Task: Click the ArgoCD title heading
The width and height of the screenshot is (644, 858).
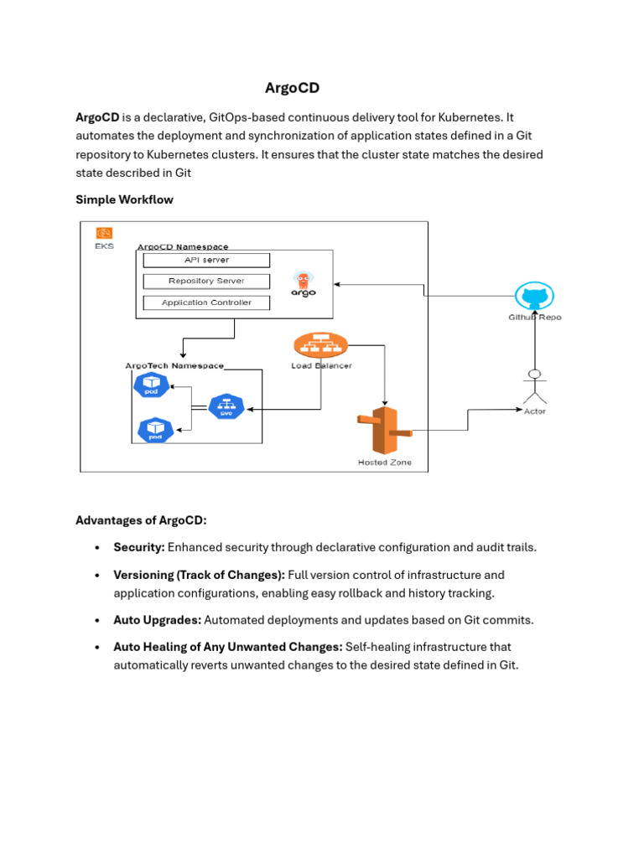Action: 292,88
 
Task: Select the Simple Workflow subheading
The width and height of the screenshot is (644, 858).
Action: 124,199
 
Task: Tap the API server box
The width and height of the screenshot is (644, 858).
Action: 206,261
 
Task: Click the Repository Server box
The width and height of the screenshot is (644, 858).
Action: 206,282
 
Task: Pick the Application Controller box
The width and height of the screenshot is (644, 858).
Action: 206,302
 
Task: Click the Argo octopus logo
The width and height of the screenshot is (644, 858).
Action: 304,282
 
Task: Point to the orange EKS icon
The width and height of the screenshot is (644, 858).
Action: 104,234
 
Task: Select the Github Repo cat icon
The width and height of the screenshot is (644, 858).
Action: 534,296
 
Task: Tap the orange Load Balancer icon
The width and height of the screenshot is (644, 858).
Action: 321,344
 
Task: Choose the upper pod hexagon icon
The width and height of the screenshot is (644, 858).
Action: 153,385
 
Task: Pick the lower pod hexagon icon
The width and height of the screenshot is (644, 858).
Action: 155,431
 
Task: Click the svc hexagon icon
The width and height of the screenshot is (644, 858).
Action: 226,407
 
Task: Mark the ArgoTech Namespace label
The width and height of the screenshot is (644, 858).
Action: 174,366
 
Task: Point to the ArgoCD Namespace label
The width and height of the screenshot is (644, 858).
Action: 182,247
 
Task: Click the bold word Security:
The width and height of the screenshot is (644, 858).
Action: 139,547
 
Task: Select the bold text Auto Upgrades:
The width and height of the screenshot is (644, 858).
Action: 157,620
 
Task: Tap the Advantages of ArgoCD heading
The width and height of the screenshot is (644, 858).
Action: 141,520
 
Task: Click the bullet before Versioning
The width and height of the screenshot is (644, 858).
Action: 97,576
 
